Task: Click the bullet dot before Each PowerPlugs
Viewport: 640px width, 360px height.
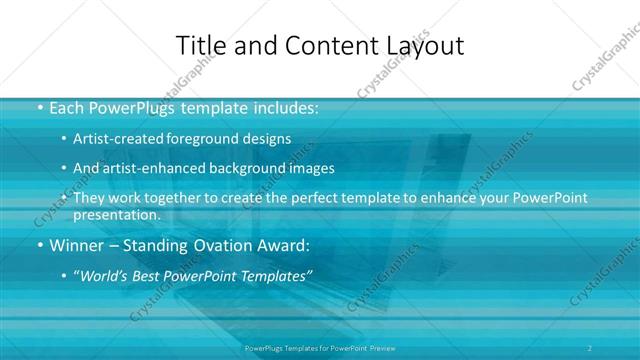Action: (39, 106)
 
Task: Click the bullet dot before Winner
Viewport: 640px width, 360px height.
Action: (39, 243)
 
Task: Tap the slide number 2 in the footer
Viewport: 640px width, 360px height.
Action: (590, 347)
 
